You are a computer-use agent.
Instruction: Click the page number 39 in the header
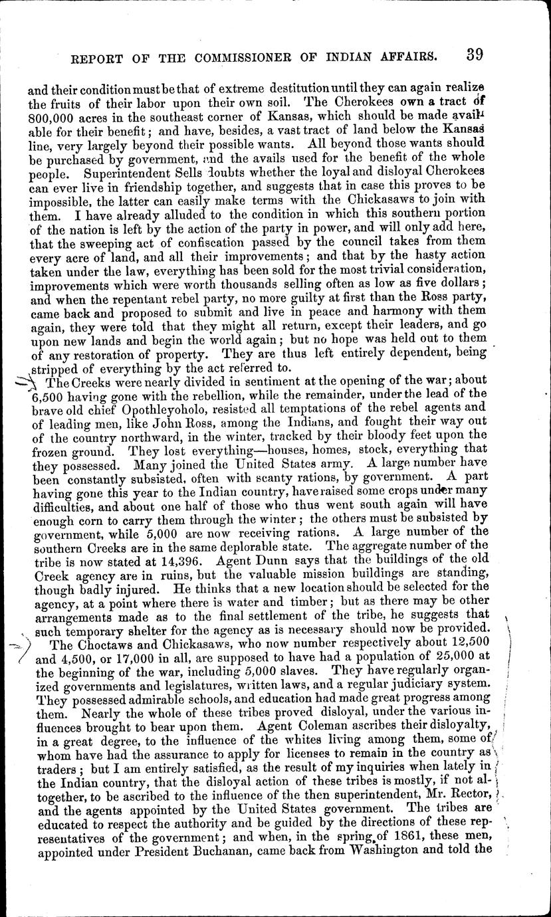(x=478, y=55)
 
